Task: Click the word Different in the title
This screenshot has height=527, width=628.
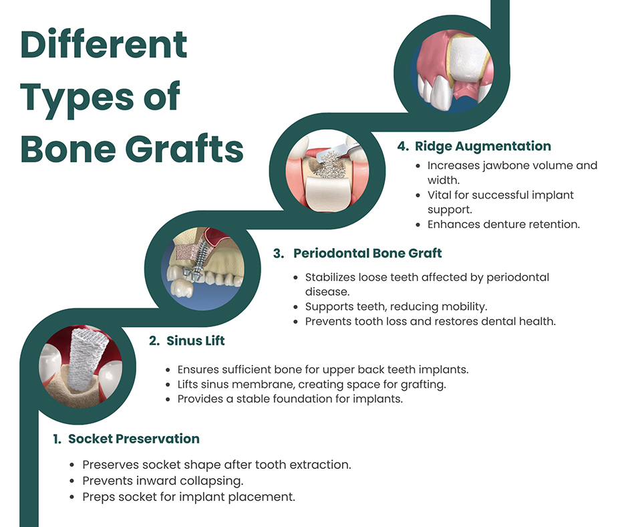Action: click(x=104, y=44)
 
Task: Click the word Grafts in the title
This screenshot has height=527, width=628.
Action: click(x=184, y=148)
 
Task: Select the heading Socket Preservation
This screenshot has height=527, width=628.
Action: click(x=134, y=439)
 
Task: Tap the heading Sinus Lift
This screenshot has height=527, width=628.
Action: click(x=196, y=341)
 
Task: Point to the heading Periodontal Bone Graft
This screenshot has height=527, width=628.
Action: click(x=367, y=253)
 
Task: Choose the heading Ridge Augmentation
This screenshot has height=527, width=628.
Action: click(x=483, y=146)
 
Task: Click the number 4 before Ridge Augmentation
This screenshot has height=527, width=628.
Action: click(x=402, y=146)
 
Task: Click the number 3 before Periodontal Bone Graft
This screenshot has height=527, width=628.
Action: click(x=279, y=253)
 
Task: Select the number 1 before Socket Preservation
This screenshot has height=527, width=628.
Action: click(x=57, y=439)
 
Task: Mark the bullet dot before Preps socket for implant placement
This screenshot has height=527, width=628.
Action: click(x=71, y=498)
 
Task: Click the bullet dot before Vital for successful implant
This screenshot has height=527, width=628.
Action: click(x=418, y=196)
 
